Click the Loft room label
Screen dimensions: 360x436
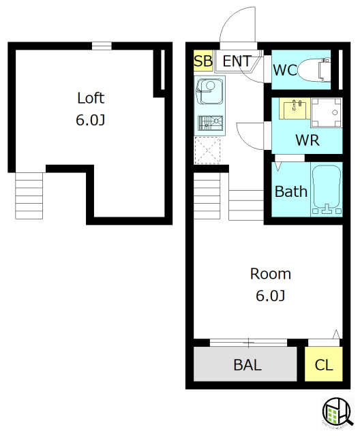point(91,98)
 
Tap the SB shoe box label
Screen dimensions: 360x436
point(203,61)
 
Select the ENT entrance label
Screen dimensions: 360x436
point(237,61)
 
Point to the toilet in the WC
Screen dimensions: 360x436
point(314,69)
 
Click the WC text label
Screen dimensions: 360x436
point(285,70)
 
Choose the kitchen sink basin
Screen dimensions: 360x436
point(210,91)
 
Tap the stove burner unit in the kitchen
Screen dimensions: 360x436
point(210,123)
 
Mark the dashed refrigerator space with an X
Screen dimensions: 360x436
point(207,150)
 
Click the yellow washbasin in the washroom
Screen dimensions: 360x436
point(295,108)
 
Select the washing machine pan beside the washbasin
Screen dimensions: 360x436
point(327,112)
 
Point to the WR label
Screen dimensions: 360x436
point(307,140)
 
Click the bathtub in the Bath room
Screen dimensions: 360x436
point(327,189)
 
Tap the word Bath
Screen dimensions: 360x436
point(291,191)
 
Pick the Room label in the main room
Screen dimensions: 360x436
point(271,274)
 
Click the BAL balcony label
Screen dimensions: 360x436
point(247,365)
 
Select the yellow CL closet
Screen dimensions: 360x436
point(324,364)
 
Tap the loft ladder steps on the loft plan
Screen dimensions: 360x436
point(29,196)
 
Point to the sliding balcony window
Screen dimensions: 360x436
point(248,343)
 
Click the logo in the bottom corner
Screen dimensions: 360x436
point(337,411)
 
